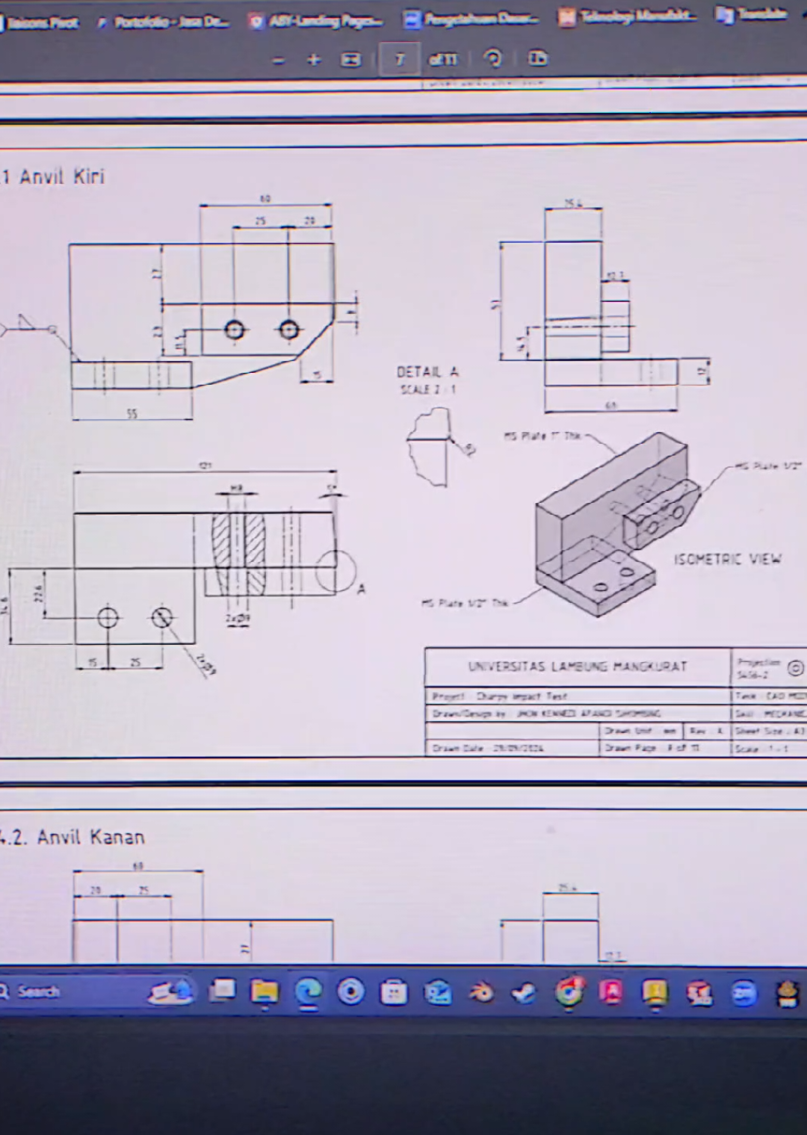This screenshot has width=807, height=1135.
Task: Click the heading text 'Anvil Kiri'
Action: coord(62,177)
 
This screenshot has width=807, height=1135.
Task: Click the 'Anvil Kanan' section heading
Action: coord(90,837)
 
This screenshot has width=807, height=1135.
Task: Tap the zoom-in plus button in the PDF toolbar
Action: coord(314,60)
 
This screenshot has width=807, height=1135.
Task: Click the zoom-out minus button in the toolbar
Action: coord(278,60)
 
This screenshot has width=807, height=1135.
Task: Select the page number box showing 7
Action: coord(399,60)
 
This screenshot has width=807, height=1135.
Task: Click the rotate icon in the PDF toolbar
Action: coord(493,58)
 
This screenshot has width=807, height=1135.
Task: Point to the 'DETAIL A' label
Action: coord(427,372)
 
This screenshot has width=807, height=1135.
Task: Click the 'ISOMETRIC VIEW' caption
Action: coord(727,559)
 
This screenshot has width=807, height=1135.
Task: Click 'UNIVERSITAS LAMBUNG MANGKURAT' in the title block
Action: coord(577,666)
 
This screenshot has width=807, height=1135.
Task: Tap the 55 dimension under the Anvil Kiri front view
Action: coord(132,414)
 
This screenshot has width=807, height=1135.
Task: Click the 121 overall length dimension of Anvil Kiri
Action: coord(204,466)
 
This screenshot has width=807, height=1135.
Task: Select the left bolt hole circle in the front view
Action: coord(235,329)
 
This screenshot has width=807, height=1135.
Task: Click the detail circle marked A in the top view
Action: coord(334,572)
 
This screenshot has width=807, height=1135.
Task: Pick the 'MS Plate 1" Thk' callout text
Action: coord(542,436)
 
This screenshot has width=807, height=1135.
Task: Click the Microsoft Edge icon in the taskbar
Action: coord(308,992)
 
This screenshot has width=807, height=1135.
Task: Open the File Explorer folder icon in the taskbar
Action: coord(265,992)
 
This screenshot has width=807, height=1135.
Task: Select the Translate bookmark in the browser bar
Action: coord(751,15)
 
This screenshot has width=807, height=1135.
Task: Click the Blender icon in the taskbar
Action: coord(481,992)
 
